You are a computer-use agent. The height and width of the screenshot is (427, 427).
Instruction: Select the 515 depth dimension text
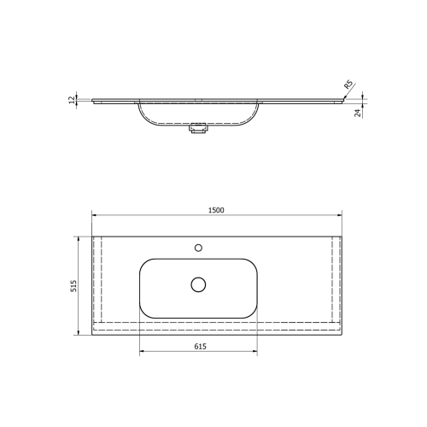[x=74, y=285]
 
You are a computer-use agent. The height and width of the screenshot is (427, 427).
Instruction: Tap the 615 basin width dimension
[x=199, y=346]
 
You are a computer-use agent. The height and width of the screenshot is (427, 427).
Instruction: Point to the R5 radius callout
[x=348, y=85]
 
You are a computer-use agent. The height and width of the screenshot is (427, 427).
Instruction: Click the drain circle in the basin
[x=199, y=284]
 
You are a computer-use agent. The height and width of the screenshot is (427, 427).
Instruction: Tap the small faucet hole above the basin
[x=198, y=248]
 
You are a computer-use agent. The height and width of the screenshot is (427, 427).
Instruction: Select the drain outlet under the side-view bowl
[x=198, y=130]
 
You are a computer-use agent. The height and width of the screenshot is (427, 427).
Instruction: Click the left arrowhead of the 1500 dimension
[x=95, y=216]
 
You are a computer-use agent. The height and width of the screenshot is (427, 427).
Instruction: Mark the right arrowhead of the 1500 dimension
[x=340, y=216]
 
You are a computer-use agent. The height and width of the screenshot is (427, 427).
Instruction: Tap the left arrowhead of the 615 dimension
[x=142, y=352]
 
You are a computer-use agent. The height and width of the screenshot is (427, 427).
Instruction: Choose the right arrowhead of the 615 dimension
[x=254, y=352]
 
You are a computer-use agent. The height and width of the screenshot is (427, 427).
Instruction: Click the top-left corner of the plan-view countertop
[x=92, y=237]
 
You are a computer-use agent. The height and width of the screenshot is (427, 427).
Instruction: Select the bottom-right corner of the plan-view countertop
[x=342, y=334]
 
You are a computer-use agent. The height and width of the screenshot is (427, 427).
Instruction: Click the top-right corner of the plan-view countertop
[x=342, y=237]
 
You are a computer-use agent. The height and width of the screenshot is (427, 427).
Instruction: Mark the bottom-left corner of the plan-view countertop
[x=92, y=334]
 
